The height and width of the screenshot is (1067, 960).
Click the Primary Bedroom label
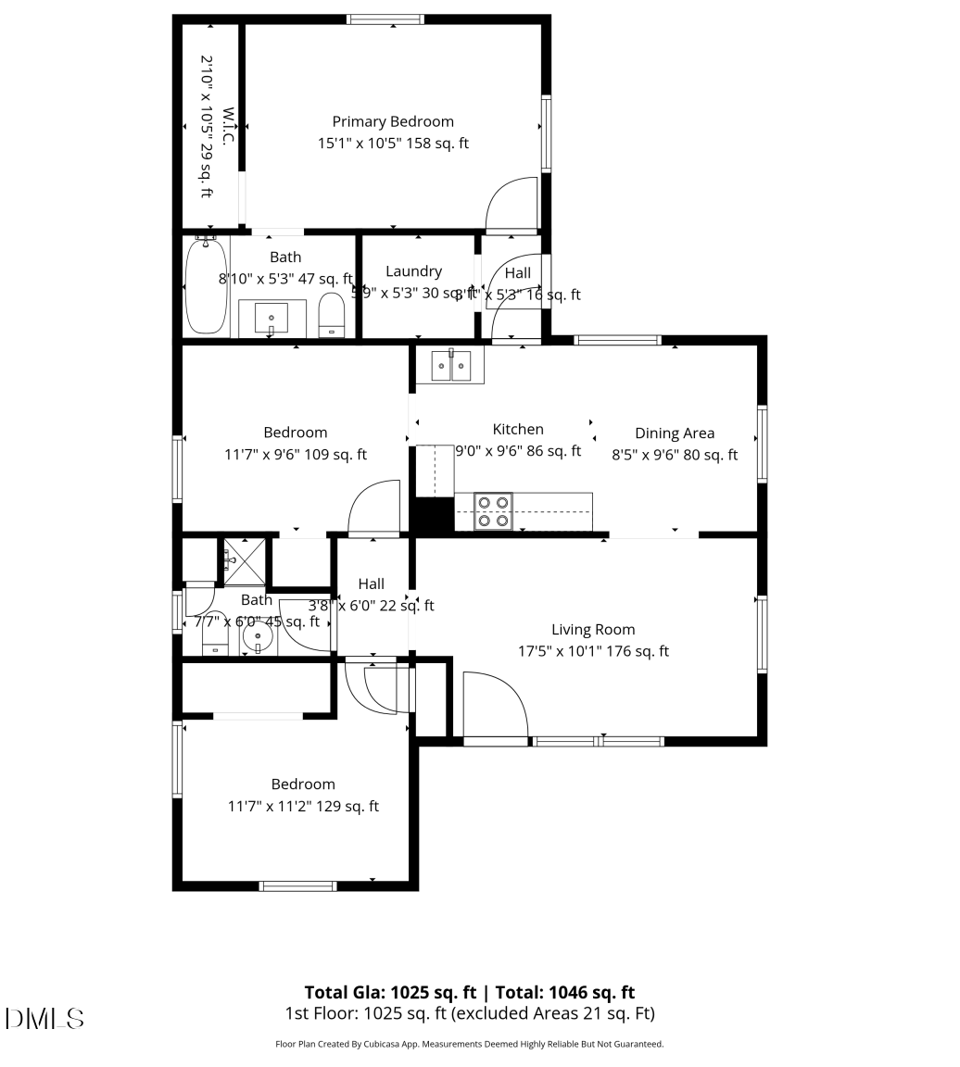pyautogui.click(x=393, y=121)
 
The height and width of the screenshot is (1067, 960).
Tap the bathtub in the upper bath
pyautogui.click(x=206, y=286)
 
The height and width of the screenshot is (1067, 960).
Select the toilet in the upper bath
pyautogui.click(x=332, y=315)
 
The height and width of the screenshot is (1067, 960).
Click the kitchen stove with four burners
pyautogui.click(x=493, y=511)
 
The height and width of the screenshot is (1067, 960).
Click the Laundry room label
pyautogui.click(x=413, y=271)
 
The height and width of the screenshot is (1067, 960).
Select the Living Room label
pyautogui.click(x=593, y=630)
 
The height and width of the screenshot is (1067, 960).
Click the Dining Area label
pyautogui.click(x=675, y=433)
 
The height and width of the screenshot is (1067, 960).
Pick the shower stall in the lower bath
pyautogui.click(x=245, y=560)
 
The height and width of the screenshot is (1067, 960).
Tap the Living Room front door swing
pyautogui.click(x=496, y=706)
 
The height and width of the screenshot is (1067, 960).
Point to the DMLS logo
pyautogui.click(x=44, y=1019)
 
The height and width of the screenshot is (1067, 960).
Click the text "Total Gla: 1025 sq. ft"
pyautogui.click(x=390, y=992)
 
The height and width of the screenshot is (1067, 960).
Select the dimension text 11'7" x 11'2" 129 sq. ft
pyautogui.click(x=303, y=806)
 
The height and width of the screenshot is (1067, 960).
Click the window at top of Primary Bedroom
pyautogui.click(x=386, y=19)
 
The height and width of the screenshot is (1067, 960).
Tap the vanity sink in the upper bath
pyautogui.click(x=271, y=318)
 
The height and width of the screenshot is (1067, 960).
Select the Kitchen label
pyautogui.click(x=518, y=429)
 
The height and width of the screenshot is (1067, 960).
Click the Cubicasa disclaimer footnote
pyautogui.click(x=469, y=1044)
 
